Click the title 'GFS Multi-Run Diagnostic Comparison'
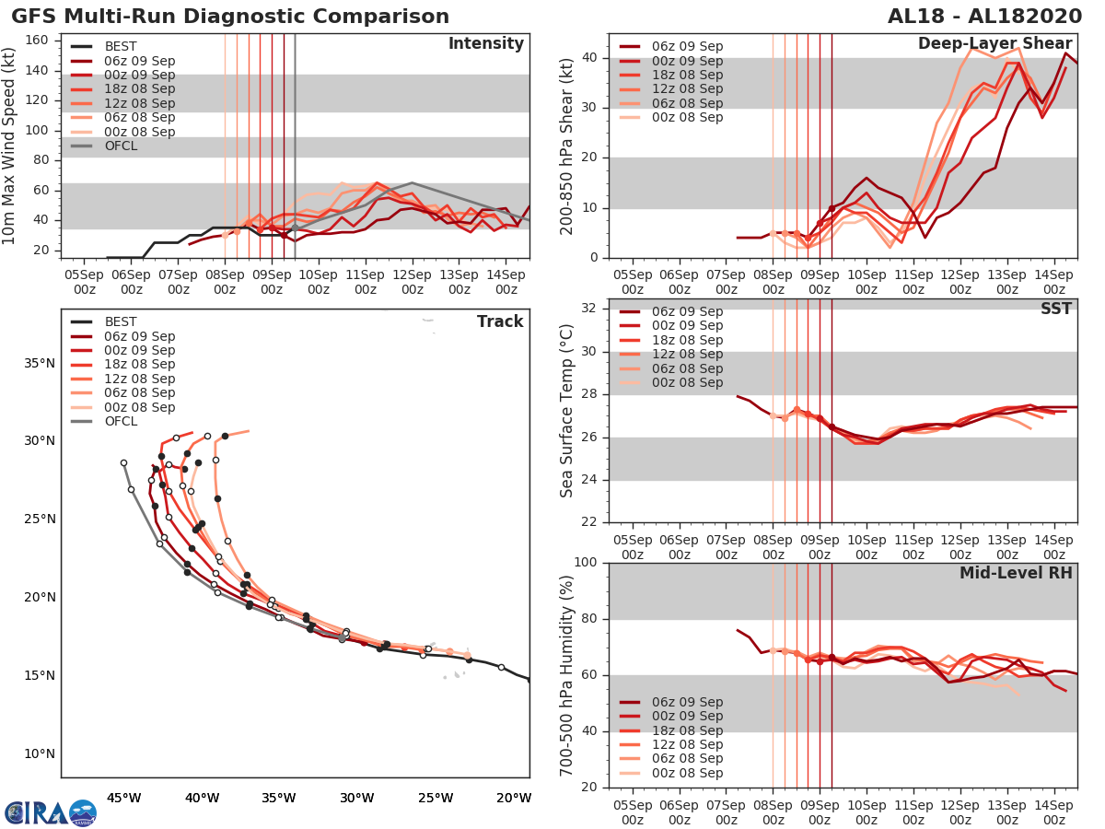click(230, 17)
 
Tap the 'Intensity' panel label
click(485, 44)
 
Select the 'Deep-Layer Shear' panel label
click(994, 44)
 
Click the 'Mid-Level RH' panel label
click(1016, 574)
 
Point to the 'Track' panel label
click(500, 321)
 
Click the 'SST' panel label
click(1055, 309)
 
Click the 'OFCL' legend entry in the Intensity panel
click(120, 146)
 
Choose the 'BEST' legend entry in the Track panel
click(120, 321)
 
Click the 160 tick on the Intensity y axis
click(37, 41)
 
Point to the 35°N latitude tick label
click(41, 363)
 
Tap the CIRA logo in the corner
click(50, 812)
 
